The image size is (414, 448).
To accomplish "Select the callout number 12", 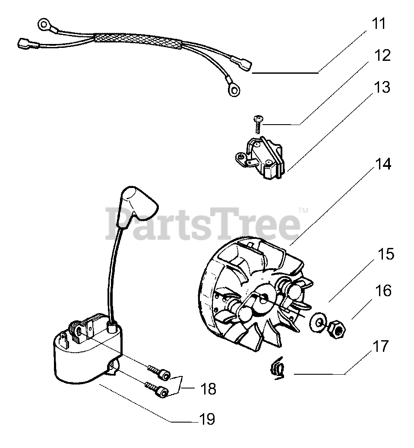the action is (x=382, y=55).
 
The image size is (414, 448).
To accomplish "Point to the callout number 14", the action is (x=383, y=164).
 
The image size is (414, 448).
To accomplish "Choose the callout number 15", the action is (x=386, y=254).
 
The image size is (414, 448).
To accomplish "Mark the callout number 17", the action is (x=381, y=346).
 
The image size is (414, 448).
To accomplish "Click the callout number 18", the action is (x=208, y=389).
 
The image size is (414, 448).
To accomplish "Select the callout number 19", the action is (x=207, y=419).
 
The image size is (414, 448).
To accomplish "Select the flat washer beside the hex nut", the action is (x=317, y=323).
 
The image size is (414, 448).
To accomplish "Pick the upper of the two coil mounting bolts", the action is (x=158, y=372).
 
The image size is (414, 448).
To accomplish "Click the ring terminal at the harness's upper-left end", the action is (x=44, y=25).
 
